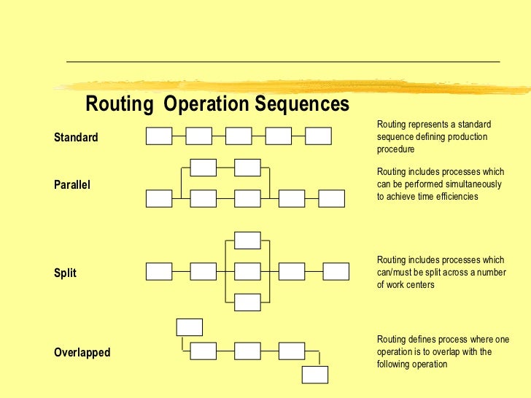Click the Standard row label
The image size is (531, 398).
pos(76,137)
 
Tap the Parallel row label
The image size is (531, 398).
pos(72,185)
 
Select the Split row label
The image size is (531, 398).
pos(65,273)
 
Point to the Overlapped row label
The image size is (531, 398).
pos(82,353)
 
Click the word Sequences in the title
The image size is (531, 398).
pos(301,104)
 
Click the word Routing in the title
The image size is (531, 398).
pos(120,104)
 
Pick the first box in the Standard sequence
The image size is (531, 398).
pos(159,136)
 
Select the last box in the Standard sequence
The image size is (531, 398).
pos(318,136)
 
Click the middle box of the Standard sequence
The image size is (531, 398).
pos(239,136)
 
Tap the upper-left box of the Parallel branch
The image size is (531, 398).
pos(203,168)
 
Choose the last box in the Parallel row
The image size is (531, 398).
pos(331,198)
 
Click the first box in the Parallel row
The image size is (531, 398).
pos(159,198)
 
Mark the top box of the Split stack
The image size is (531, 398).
pos(247,241)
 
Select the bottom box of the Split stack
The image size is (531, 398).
pos(247,302)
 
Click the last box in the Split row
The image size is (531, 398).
pos(336,271)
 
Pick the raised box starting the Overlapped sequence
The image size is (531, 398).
pos(190,327)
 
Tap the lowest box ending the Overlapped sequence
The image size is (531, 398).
pos(315,375)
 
